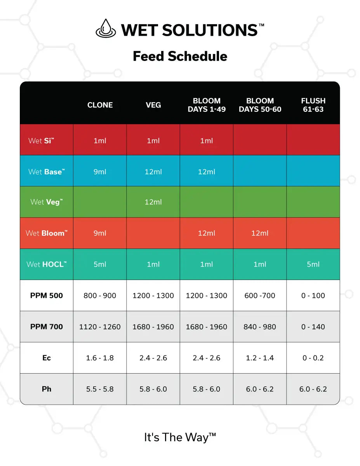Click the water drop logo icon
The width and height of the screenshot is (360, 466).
pos(105,28)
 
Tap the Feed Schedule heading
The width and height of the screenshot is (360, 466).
pos(180,56)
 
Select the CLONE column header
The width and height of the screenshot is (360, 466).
pos(100,105)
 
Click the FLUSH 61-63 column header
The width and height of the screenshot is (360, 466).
pos(313,105)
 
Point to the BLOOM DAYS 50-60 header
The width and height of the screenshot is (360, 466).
pos(260,105)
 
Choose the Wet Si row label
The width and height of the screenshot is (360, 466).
pos(41,141)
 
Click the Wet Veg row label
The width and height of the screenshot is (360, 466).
pos(46,202)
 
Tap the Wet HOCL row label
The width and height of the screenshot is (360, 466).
pos(46,264)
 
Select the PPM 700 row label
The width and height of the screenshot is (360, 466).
pos(46,327)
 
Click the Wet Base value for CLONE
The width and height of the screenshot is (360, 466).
pos(100,172)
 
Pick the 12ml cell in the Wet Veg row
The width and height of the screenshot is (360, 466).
pos(153,202)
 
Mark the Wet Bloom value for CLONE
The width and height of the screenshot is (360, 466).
pos(100,233)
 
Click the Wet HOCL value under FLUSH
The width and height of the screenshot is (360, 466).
pos(313,264)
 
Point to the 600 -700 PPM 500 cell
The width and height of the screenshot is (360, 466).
pos(260,296)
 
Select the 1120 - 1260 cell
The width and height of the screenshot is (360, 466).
pos(100,327)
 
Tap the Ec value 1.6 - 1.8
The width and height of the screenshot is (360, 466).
pos(100,358)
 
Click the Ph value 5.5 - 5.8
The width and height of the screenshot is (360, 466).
pos(100,389)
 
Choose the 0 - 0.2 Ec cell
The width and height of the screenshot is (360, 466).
pos(313,358)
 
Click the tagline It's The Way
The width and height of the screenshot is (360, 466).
pos(180,437)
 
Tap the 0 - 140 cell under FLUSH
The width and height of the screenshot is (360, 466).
pos(313,327)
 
